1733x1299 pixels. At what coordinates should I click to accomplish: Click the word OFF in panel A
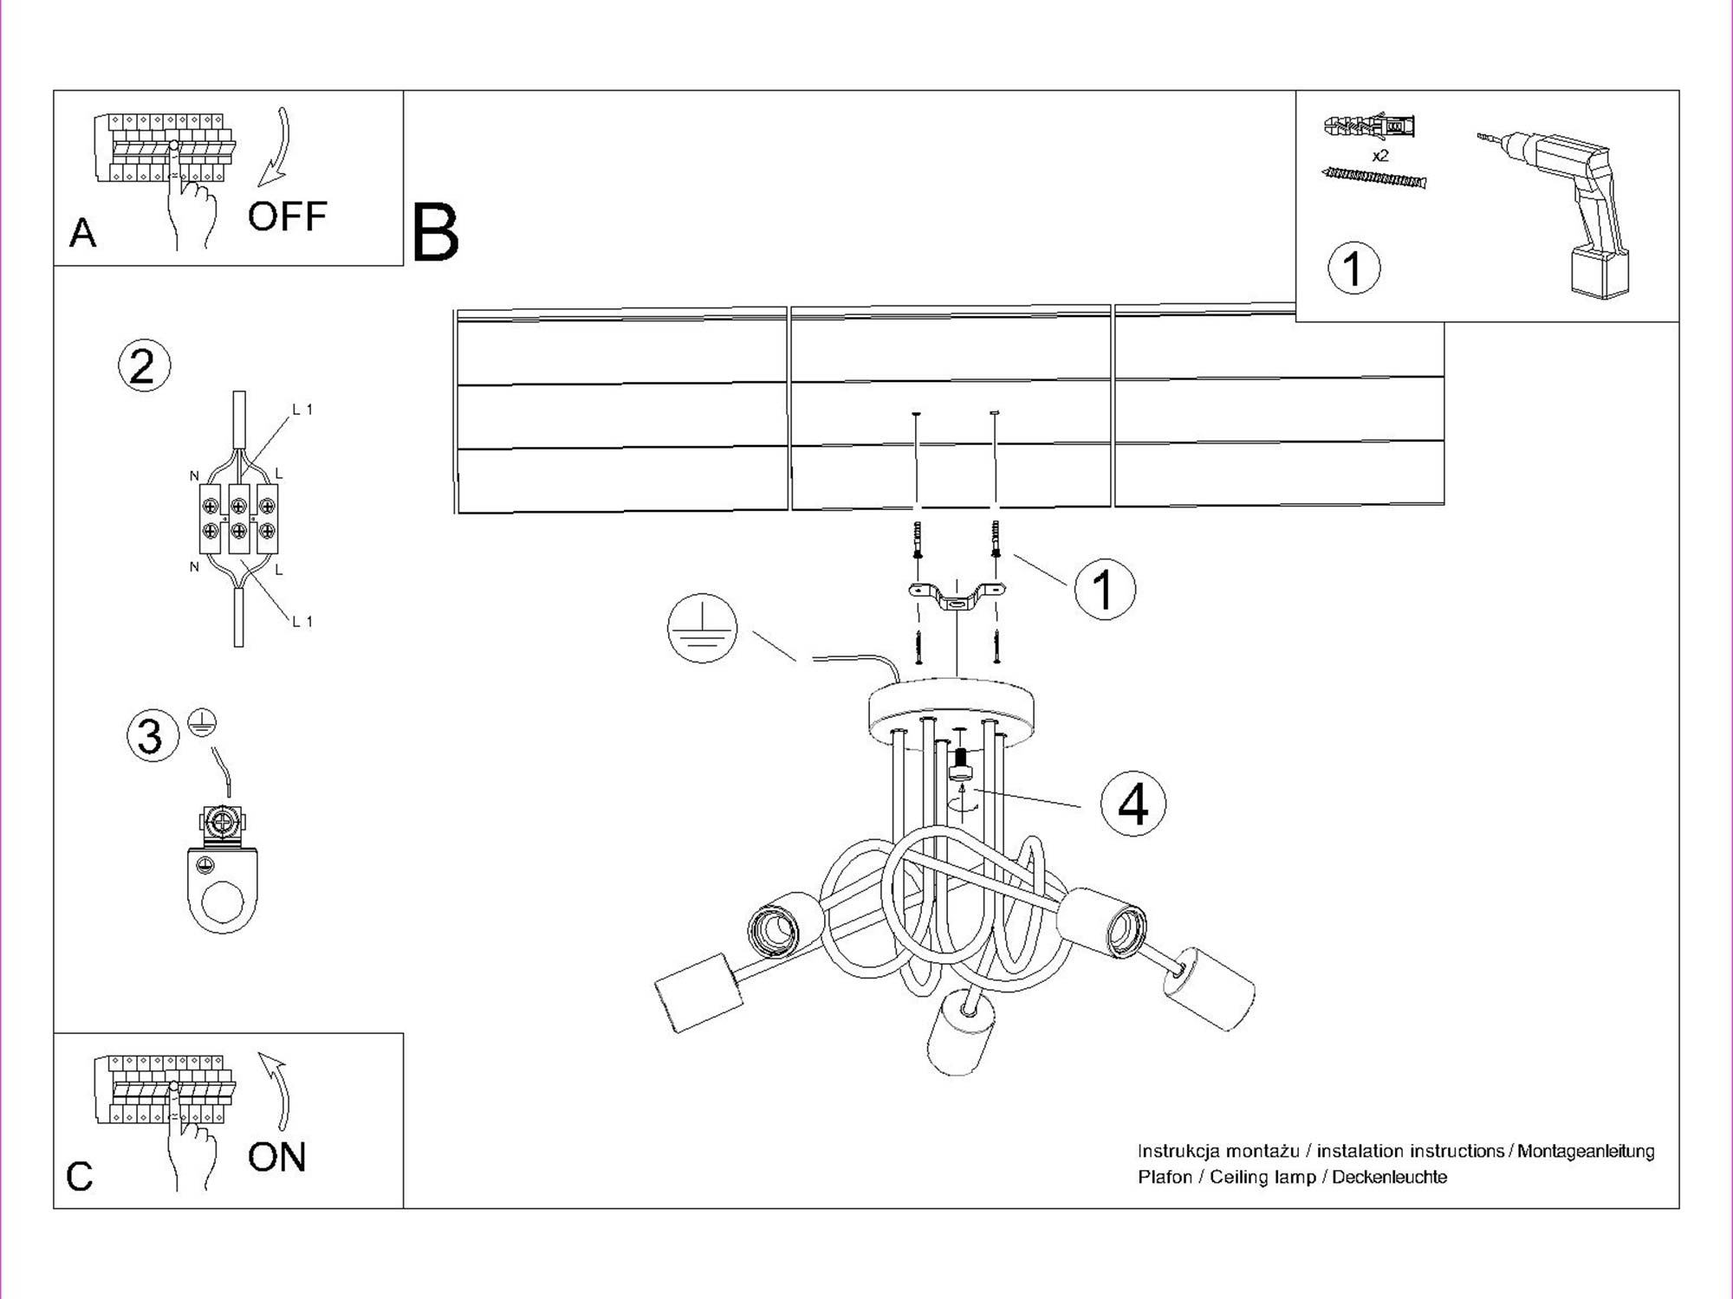287,216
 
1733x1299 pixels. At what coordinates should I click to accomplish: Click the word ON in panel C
276,1157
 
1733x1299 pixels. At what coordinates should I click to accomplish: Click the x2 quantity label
1380,156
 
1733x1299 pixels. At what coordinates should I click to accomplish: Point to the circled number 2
144,365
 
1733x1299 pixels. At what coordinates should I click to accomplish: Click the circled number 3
152,736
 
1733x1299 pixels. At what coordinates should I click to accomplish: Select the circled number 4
1133,804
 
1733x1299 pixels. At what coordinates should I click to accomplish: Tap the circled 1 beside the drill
1353,268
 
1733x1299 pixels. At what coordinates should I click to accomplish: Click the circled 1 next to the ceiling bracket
1104,589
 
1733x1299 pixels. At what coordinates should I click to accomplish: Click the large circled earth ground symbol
702,629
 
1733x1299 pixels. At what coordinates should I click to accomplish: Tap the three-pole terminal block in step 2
238,519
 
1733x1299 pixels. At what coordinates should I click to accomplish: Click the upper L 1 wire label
302,410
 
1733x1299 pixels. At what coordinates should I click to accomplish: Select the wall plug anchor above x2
1369,127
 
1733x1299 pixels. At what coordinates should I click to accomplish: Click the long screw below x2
1373,178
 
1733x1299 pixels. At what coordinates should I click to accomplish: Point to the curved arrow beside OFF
276,147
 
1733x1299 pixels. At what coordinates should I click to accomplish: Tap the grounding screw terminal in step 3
222,823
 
